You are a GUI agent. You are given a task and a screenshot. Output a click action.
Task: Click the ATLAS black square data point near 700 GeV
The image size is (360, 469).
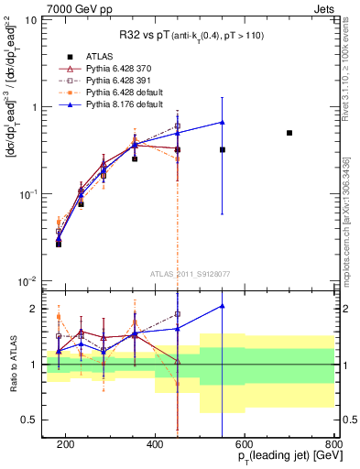[x=289, y=133]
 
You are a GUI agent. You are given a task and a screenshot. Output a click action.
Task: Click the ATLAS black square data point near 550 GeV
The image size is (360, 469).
[x=223, y=149]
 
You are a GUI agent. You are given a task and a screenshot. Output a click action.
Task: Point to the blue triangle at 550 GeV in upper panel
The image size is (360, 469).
[x=223, y=122]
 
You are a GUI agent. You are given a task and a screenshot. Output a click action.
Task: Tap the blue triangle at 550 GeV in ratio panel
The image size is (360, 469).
[x=223, y=306]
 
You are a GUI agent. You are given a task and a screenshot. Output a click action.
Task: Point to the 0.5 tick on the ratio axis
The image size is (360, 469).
[x=36, y=420]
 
